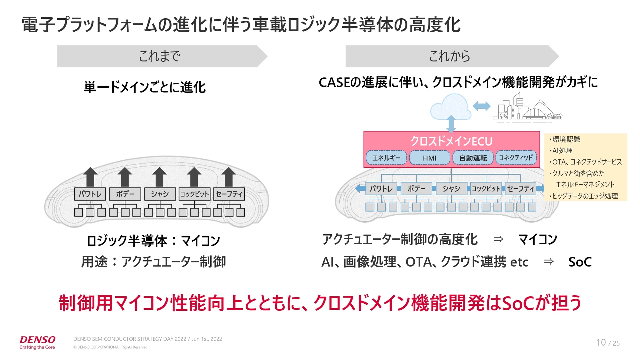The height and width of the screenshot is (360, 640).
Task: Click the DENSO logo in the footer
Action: (37, 340)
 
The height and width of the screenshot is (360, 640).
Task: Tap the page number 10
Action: (601, 343)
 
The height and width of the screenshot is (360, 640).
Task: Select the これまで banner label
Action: (159, 56)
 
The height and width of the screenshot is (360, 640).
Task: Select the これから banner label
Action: (449, 56)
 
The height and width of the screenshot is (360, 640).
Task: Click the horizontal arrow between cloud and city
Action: (482, 106)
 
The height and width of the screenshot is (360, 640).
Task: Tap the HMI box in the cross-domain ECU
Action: (429, 158)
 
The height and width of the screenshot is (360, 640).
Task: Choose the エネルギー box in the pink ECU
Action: (386, 158)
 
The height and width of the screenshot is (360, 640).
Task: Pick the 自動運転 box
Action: (473, 158)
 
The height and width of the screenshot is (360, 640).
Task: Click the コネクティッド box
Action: (516, 158)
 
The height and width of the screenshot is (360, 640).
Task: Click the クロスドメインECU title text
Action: (451, 141)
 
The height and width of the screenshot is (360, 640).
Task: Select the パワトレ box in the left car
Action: (90, 194)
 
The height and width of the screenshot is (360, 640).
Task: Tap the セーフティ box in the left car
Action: (229, 194)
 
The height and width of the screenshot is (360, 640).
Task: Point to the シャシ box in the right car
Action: (451, 189)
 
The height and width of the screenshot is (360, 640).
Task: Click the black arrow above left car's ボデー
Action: (125, 177)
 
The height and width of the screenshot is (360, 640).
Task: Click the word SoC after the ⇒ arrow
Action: (580, 262)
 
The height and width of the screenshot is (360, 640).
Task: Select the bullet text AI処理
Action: (562, 151)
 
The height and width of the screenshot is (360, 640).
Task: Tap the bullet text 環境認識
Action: (566, 139)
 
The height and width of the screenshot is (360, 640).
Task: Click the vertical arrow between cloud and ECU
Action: (451, 123)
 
